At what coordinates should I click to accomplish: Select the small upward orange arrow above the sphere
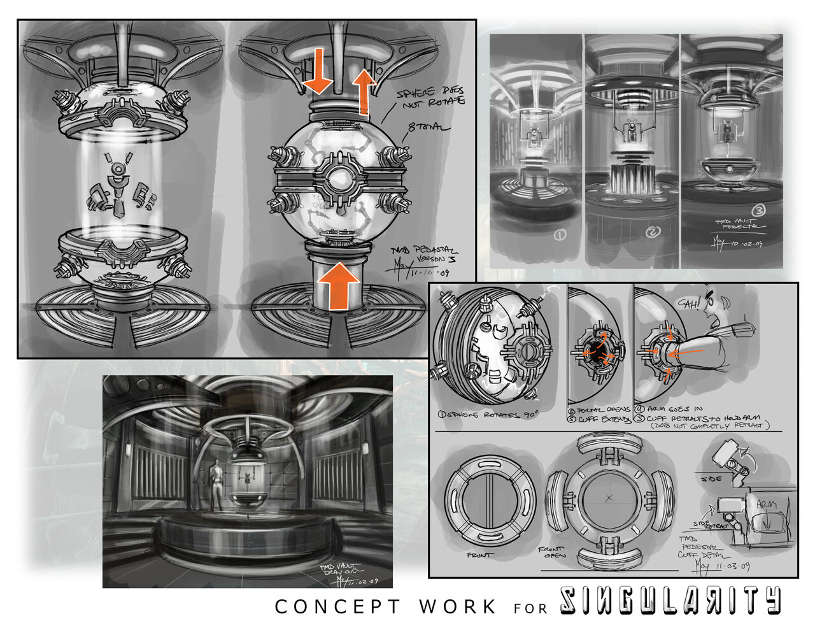click(x=364, y=90)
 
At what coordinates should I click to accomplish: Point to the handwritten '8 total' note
click(x=430, y=129)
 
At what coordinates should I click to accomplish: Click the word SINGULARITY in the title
click(x=670, y=601)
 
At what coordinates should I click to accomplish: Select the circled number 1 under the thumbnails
click(x=560, y=235)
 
